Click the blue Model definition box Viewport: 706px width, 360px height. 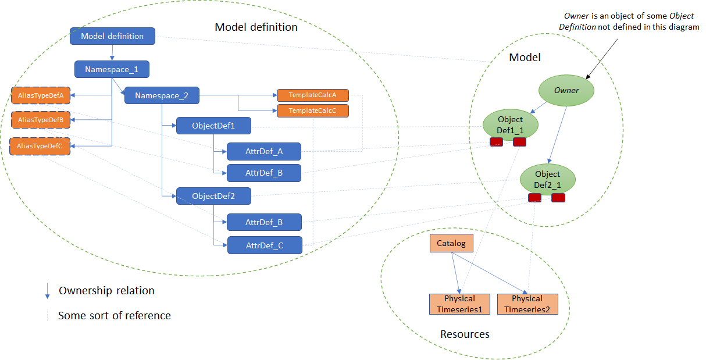tap(112, 36)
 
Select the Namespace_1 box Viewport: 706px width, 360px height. tap(112, 69)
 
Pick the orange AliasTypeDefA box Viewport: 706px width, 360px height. tap(40, 95)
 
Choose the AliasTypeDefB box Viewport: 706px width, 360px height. tap(40, 120)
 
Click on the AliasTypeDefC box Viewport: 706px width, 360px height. tap(40, 146)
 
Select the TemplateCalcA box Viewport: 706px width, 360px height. tap(312, 95)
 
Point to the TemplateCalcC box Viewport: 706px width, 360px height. tap(312, 111)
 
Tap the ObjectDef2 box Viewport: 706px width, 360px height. tap(213, 196)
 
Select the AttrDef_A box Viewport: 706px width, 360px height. tap(264, 152)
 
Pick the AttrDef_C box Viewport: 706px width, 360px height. tap(264, 245)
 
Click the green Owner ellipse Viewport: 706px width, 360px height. tap(566, 91)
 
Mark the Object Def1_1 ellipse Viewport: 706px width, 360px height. tap(511, 124)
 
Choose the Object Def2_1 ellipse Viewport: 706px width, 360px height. tap(547, 179)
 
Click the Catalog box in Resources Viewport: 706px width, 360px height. tap(451, 243)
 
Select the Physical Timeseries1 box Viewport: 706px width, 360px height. tap(459, 304)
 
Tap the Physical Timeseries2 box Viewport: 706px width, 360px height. tap(527, 304)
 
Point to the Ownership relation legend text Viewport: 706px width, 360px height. tap(106, 291)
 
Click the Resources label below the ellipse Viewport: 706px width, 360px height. tap(465, 334)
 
